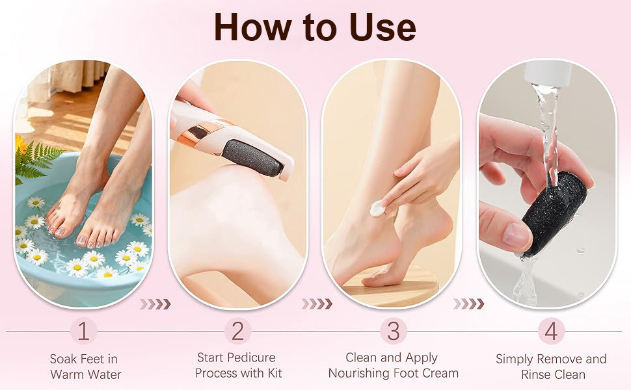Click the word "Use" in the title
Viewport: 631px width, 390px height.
point(381,27)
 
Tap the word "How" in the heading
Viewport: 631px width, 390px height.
point(251,27)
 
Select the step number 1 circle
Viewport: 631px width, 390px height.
point(84,331)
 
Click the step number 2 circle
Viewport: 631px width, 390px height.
point(237,331)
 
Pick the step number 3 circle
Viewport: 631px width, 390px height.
point(393,331)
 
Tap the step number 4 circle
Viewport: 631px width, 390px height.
point(551,331)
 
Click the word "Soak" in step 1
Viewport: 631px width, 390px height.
point(63,359)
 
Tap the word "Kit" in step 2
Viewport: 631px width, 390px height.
point(275,373)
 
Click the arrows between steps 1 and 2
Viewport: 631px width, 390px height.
point(155,304)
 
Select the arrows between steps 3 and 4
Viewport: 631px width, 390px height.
point(468,304)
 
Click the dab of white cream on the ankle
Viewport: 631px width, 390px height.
point(377,209)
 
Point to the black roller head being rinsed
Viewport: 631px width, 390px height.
point(554,213)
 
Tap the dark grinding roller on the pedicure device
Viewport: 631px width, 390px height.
point(252,157)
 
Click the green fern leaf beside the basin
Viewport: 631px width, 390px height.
point(37,161)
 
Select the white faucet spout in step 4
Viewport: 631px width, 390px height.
point(548,73)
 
